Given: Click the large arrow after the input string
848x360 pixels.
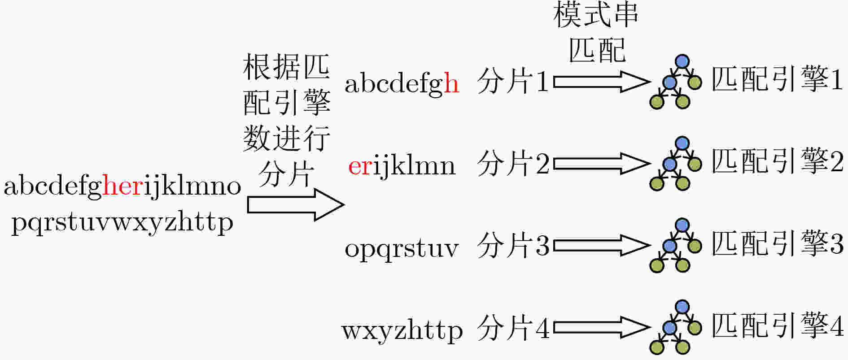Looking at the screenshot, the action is [x=296, y=204].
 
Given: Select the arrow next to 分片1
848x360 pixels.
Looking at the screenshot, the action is [x=602, y=82].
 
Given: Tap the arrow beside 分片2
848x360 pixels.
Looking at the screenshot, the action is [x=602, y=164].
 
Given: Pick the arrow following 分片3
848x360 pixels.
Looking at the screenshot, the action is [x=602, y=246].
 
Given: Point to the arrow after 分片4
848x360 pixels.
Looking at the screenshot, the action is [x=602, y=328].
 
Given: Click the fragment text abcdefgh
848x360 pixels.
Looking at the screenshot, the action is [x=402, y=83].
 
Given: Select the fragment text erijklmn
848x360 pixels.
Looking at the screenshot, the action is [x=402, y=166].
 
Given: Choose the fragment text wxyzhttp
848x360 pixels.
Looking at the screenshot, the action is [x=402, y=331].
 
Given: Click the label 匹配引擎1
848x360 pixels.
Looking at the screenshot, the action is [x=778, y=79].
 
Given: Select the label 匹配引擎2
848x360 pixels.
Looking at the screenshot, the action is [x=778, y=161].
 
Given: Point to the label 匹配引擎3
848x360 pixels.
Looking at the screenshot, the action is [x=778, y=243].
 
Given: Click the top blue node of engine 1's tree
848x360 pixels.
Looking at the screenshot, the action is [x=682, y=61].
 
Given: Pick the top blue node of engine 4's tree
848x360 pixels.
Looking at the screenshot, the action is [x=682, y=307].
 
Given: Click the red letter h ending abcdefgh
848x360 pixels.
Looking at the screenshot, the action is [x=451, y=83].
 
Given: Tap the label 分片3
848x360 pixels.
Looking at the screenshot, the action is [x=513, y=245].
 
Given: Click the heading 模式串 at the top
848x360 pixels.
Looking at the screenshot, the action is [x=595, y=15].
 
